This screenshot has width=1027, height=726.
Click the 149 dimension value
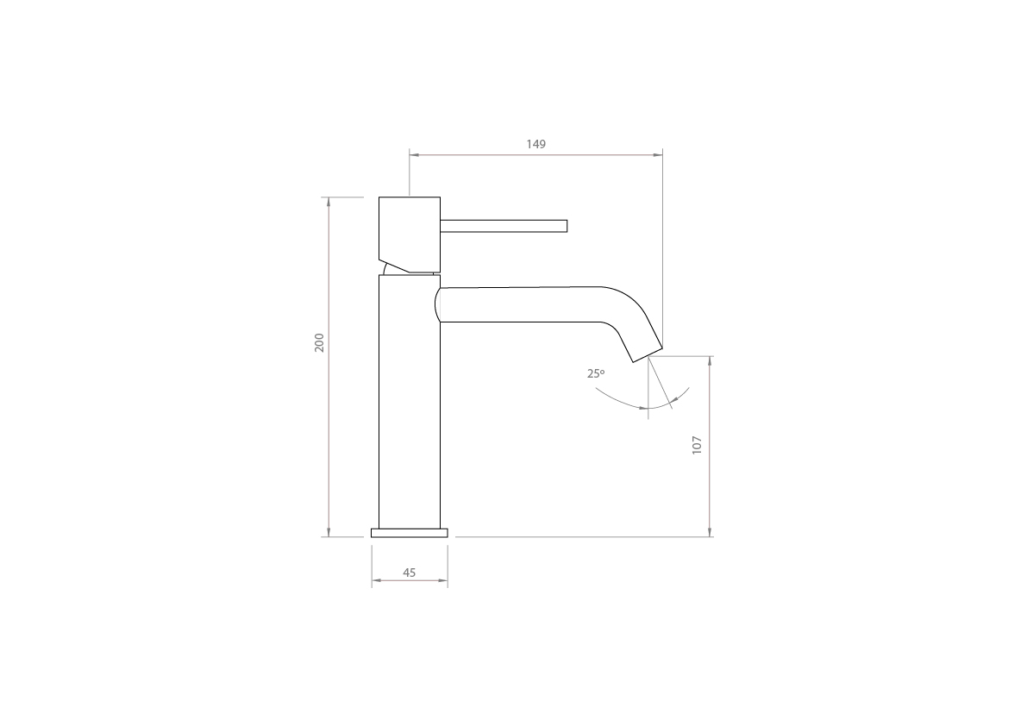535,144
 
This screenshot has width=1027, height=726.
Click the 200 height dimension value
319,342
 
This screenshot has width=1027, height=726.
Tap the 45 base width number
409,573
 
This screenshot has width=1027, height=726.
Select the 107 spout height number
698,445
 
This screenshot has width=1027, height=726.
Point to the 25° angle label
596,373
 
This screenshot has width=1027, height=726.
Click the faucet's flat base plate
410,533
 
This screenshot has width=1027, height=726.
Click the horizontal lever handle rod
504,226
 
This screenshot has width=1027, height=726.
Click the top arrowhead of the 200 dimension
329,201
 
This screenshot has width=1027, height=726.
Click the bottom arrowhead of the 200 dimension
329,532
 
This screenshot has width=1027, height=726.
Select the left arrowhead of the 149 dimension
413,155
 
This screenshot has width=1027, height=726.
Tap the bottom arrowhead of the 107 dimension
709,532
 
